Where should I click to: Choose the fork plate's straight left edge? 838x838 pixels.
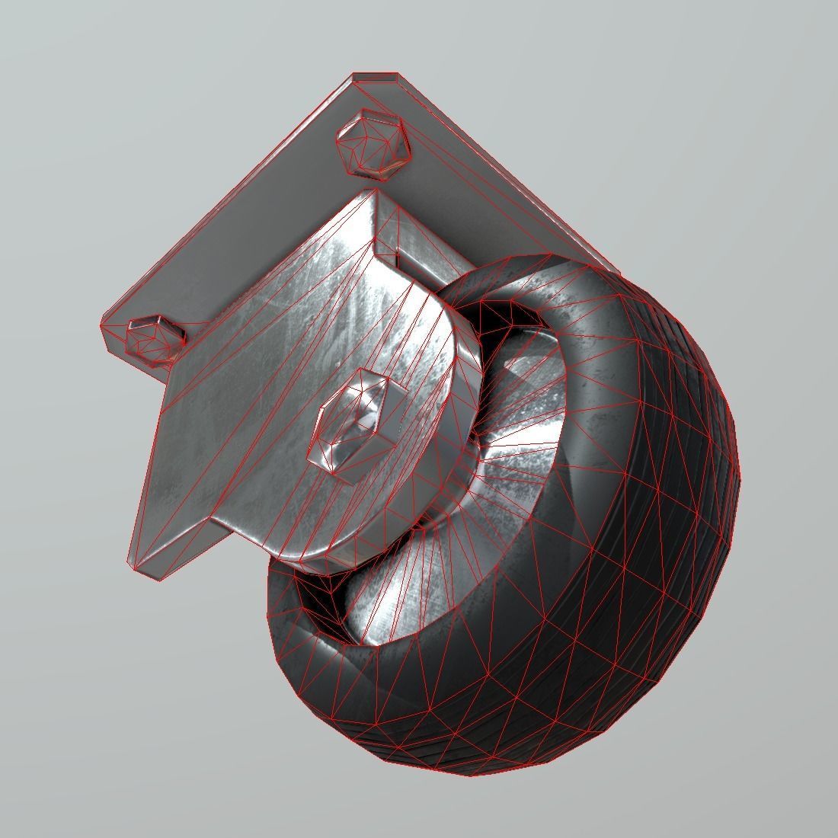coord(152,457)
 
